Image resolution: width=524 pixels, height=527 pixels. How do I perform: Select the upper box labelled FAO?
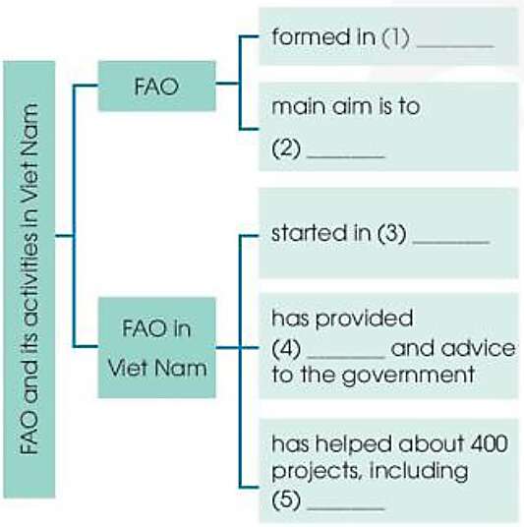tap(156, 87)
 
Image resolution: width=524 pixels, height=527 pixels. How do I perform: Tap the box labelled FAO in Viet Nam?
tap(156, 348)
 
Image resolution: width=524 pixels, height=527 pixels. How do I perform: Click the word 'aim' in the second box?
tap(348, 107)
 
